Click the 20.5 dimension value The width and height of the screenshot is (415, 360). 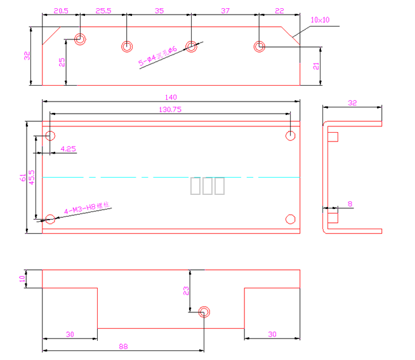coord(61,11)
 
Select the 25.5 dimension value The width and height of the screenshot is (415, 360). coord(103,11)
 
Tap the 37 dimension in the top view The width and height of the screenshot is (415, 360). coord(225,11)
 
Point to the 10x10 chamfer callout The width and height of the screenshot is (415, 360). coord(320,20)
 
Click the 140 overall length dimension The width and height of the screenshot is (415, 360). coord(170,97)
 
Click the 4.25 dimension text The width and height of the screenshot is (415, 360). coord(68,149)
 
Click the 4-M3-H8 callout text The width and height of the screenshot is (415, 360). coord(88,208)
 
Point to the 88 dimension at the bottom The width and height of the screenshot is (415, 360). coord(123,346)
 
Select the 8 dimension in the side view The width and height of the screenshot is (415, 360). coord(350,204)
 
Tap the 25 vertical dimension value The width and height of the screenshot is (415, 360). coord(62,62)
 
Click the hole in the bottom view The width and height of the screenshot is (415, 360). coord(204,312)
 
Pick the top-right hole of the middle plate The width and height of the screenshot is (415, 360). coord(291,135)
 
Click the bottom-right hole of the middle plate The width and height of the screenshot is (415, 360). coord(291,219)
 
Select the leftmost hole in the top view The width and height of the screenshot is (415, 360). coord(80,39)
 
